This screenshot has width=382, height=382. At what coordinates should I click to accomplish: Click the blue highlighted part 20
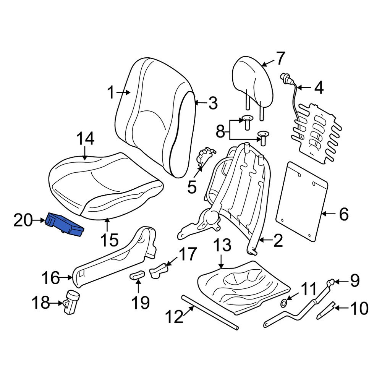click(64, 225)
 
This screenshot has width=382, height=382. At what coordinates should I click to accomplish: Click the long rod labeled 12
click(210, 311)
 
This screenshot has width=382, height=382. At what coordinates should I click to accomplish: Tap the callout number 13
click(222, 244)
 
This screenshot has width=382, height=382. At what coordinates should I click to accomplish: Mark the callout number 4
click(319, 88)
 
